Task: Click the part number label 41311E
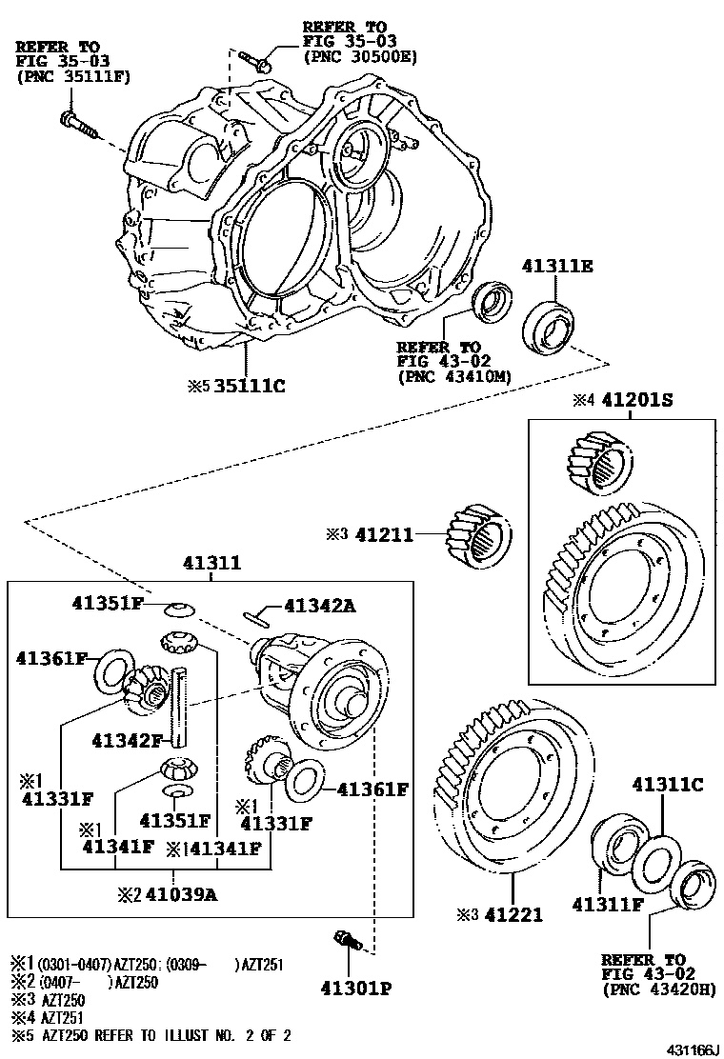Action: click(x=557, y=267)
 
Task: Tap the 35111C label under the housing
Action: click(x=250, y=386)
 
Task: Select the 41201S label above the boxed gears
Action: click(x=635, y=401)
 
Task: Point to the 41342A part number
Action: click(x=319, y=606)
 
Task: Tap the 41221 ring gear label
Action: click(x=513, y=914)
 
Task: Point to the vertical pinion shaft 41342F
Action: click(x=178, y=709)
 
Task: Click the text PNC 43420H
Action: click(x=658, y=989)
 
